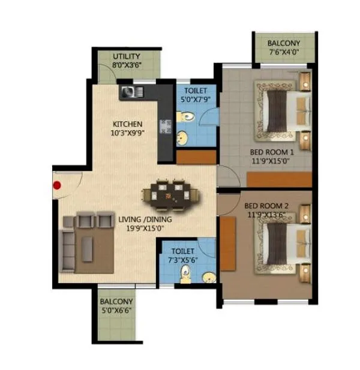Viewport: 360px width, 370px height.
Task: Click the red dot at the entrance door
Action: coord(58,185)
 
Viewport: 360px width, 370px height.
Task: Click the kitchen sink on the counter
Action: coord(132,92)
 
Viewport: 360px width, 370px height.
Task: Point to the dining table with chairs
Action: coord(170,194)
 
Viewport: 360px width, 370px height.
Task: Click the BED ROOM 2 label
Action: coord(267,205)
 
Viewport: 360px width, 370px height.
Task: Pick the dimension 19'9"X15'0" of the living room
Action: coord(145,228)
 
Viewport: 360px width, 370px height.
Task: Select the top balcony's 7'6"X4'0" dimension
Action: coord(284,53)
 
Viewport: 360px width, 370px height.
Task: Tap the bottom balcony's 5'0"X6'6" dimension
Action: coord(115,311)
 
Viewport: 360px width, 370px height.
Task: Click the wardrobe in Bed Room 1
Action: coord(278,179)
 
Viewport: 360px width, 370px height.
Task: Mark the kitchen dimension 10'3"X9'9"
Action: coord(128,134)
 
